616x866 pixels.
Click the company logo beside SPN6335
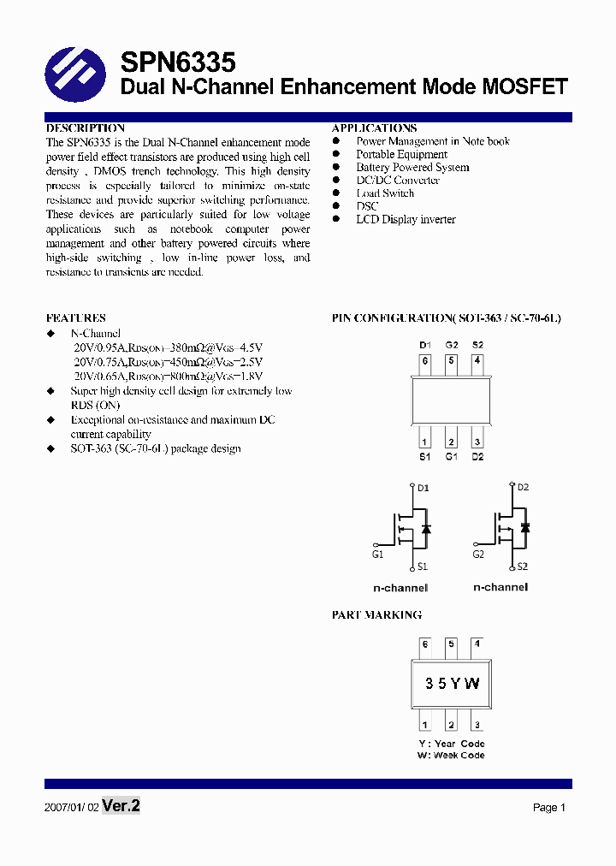click(74, 74)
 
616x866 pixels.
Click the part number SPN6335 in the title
click(177, 62)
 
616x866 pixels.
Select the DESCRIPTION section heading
click(85, 128)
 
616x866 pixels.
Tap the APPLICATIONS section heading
click(374, 128)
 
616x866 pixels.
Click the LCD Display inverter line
click(406, 220)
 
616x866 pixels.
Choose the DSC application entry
click(367, 206)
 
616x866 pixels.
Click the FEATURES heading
click(75, 317)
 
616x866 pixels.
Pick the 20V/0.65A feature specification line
click(168, 376)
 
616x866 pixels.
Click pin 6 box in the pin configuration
click(425, 361)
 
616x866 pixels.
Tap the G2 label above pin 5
click(451, 345)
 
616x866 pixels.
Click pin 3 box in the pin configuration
click(477, 442)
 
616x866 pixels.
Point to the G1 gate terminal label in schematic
click(377, 554)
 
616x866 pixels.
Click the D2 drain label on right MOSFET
click(523, 487)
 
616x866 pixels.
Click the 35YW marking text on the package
click(452, 684)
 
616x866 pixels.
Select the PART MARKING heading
click(376, 615)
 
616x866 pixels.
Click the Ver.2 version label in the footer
click(121, 806)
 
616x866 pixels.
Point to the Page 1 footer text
click(549, 808)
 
